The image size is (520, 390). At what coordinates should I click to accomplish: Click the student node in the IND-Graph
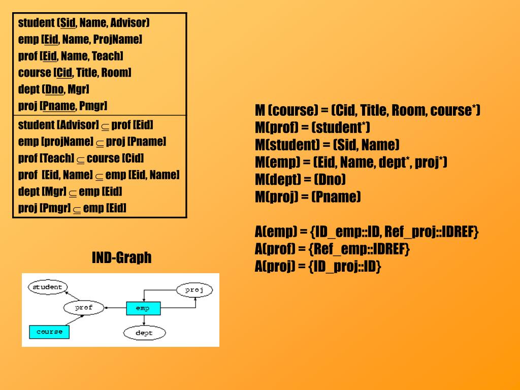point(47,287)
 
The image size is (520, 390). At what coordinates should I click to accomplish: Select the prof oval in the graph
point(84,308)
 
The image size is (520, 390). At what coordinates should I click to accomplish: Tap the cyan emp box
point(143,308)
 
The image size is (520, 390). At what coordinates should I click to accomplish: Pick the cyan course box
point(49,332)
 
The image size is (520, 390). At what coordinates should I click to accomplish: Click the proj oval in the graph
point(194,290)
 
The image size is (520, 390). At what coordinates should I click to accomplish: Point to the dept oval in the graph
point(144,333)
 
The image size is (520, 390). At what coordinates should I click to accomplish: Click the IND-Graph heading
point(121,257)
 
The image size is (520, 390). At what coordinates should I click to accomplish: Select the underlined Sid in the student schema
point(68,23)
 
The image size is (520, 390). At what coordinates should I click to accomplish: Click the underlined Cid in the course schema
point(64,73)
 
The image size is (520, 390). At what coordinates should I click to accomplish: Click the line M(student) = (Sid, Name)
point(327,145)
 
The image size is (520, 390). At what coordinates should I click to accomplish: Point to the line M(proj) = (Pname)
point(308,197)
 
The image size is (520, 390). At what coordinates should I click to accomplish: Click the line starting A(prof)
point(332,249)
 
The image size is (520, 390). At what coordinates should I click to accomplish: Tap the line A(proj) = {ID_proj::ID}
point(318,267)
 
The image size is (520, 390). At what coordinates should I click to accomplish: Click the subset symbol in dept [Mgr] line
point(73,193)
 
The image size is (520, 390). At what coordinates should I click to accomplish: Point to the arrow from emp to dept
point(145,320)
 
